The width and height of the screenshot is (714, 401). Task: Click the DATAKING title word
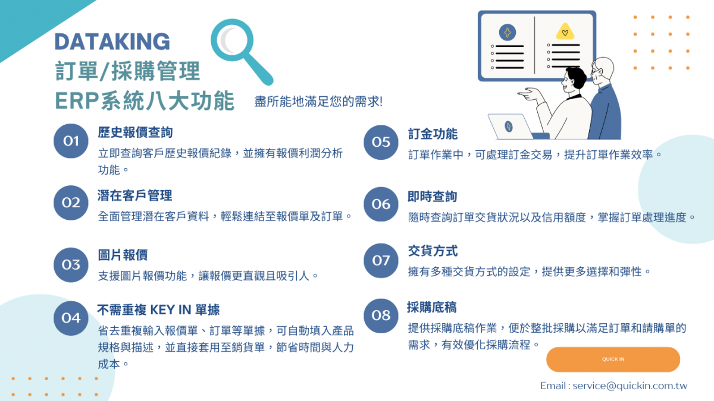tap(112, 42)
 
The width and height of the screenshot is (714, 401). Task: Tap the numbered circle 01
tap(71, 141)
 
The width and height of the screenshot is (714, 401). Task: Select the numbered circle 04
tap(71, 318)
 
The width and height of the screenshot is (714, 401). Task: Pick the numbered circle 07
tap(381, 261)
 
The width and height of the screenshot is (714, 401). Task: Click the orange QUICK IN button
tap(613, 359)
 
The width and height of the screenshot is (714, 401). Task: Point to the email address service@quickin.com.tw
tap(630, 386)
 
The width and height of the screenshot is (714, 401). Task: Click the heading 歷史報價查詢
tap(135, 132)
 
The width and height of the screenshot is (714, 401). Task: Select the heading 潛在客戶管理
tap(135, 195)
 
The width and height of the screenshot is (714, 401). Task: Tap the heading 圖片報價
tap(123, 255)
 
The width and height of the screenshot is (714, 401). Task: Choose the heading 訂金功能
tap(433, 134)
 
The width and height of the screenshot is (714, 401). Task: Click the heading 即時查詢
tap(433, 197)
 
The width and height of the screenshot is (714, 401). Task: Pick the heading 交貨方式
tap(433, 251)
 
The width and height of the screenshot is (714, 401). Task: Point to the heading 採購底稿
tap(432, 308)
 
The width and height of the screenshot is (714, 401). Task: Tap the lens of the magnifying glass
tap(232, 40)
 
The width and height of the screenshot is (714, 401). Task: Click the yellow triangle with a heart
tap(565, 31)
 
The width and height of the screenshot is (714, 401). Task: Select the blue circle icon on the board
tap(508, 32)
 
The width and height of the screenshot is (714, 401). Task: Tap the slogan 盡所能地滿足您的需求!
tap(318, 102)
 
